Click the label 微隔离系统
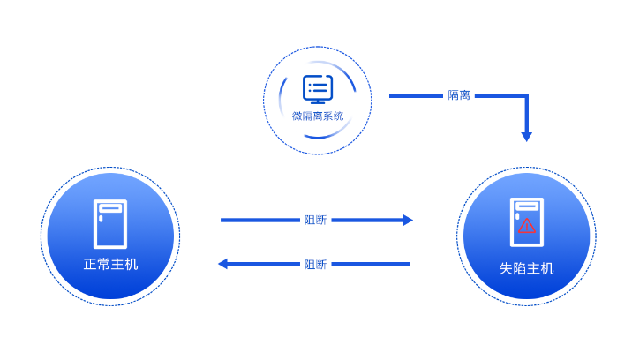click(x=318, y=116)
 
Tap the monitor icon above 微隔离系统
click(x=318, y=89)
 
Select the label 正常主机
click(x=110, y=264)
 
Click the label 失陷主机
click(x=526, y=268)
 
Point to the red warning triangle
click(x=527, y=226)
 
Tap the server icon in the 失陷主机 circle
click(x=527, y=222)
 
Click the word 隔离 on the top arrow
click(x=459, y=95)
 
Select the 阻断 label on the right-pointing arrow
click(x=315, y=220)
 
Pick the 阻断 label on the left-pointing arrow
click(x=315, y=264)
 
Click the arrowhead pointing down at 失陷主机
click(x=526, y=137)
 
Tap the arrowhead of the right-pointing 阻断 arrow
click(x=408, y=220)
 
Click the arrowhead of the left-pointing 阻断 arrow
click(x=223, y=264)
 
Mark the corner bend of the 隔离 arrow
click(x=526, y=95)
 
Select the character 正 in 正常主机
click(x=90, y=264)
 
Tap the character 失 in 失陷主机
click(x=506, y=268)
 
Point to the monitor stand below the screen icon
click(x=318, y=100)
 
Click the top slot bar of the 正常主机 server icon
click(x=110, y=208)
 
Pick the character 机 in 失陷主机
click(x=547, y=268)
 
